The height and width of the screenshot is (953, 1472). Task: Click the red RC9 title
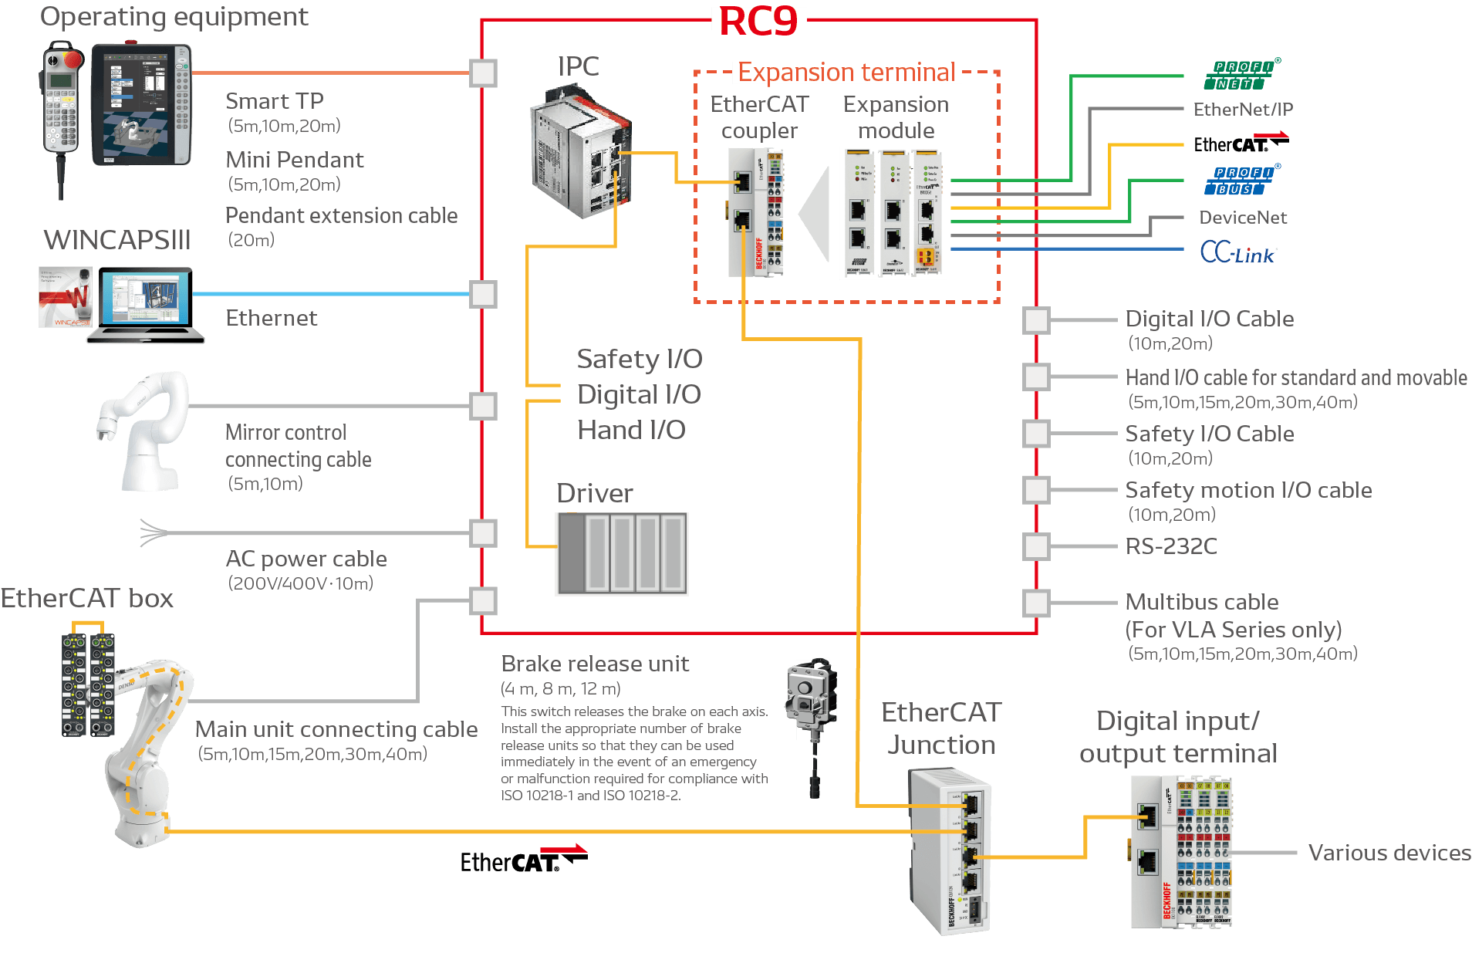click(758, 21)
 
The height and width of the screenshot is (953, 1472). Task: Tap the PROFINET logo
click(1241, 75)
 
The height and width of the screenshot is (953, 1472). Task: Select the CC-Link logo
click(1237, 252)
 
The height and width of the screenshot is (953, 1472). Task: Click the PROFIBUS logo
click(1241, 181)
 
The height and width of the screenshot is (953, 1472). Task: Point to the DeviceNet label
click(1243, 218)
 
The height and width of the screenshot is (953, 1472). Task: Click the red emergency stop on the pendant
click(73, 59)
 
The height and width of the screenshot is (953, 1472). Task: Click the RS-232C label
click(1171, 546)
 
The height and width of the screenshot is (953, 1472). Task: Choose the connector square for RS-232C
click(1036, 546)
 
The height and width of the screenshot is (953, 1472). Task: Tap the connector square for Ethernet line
click(484, 294)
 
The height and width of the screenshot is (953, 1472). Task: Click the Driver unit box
click(622, 554)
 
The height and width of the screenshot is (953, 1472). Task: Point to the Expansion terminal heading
click(846, 73)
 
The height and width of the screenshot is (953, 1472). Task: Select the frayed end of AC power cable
click(152, 532)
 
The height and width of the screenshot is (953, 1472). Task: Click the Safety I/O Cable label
click(1209, 434)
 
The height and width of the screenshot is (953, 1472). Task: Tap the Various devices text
click(1389, 853)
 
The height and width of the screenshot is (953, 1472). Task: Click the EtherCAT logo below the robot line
click(523, 860)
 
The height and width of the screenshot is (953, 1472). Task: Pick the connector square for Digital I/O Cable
click(1036, 320)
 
